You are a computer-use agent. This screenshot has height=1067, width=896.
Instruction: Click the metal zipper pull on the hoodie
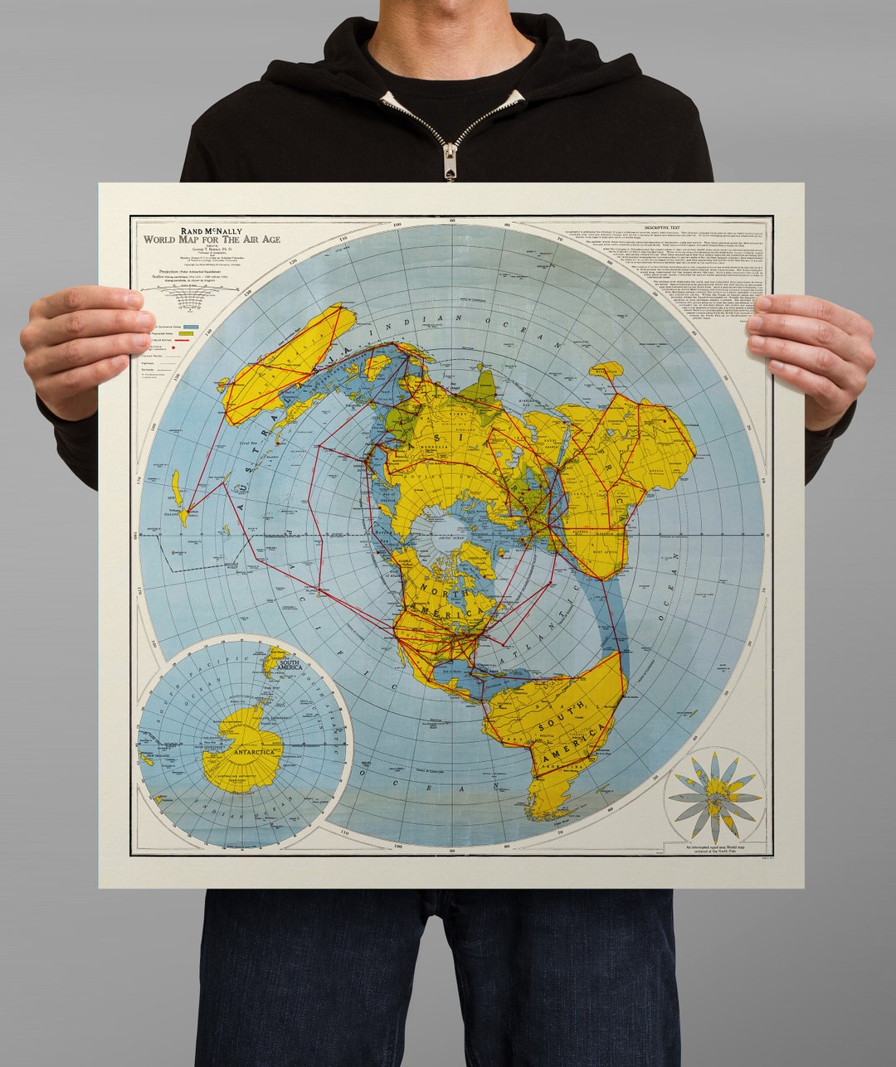(450, 161)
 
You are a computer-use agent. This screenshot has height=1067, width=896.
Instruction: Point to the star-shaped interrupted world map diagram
(714, 796)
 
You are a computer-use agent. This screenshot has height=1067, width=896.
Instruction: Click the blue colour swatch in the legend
(189, 327)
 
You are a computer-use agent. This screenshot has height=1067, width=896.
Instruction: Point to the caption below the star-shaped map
(714, 849)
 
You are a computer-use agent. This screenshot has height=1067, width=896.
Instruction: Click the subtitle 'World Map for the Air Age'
(212, 240)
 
